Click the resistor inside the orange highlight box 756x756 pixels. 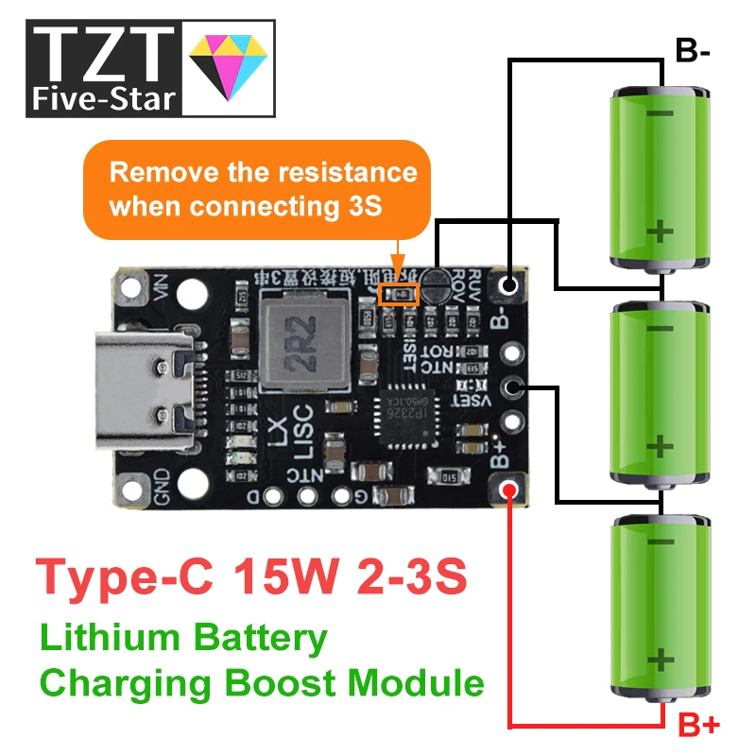click(398, 294)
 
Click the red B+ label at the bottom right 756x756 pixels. click(699, 725)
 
